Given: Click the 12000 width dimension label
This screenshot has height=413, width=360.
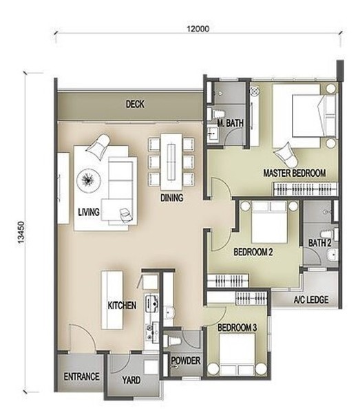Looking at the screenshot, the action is click(198, 29).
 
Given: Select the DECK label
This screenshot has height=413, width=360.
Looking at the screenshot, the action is click(135, 105).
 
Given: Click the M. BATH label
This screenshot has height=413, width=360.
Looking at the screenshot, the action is click(231, 123).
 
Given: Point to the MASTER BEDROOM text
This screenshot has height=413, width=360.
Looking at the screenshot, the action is click(295, 173).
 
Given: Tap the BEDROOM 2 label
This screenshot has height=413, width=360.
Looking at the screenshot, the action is click(253, 252).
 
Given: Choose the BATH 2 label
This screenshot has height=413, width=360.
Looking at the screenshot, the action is click(319, 243).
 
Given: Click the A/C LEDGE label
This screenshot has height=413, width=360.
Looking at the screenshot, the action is click(310, 299).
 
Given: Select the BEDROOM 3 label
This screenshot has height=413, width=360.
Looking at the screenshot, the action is click(237, 328).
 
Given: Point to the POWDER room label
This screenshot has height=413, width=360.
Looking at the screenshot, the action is click(186, 361).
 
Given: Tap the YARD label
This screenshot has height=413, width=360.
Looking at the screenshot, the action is click(131, 381).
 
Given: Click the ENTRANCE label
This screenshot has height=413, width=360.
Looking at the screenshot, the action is click(82, 377).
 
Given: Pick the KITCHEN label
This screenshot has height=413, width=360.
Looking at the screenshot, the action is click(122, 306).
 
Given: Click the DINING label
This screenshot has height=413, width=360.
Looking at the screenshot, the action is click(171, 198).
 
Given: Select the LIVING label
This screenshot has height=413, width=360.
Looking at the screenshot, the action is click(89, 212).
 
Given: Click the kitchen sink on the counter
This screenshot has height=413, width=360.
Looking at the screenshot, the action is click(151, 304).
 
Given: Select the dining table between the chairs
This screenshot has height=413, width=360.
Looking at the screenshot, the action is click(171, 162).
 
